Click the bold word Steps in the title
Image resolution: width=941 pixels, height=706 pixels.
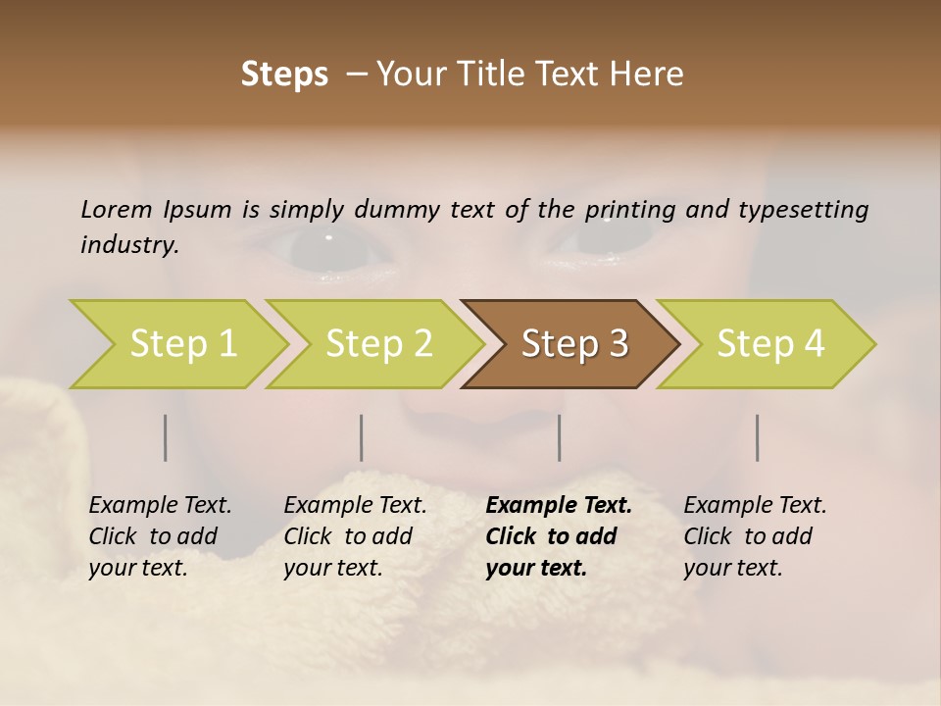(284, 75)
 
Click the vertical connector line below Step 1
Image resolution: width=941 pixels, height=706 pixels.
(166, 437)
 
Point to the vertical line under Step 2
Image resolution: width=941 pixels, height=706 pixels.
(362, 437)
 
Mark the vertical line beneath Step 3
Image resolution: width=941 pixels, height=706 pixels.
(560, 437)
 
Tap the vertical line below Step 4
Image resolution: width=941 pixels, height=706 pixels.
(758, 437)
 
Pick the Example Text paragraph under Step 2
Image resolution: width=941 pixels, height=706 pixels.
(355, 536)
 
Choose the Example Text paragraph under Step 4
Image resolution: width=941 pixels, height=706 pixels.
(755, 536)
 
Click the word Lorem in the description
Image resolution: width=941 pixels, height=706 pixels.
(117, 209)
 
